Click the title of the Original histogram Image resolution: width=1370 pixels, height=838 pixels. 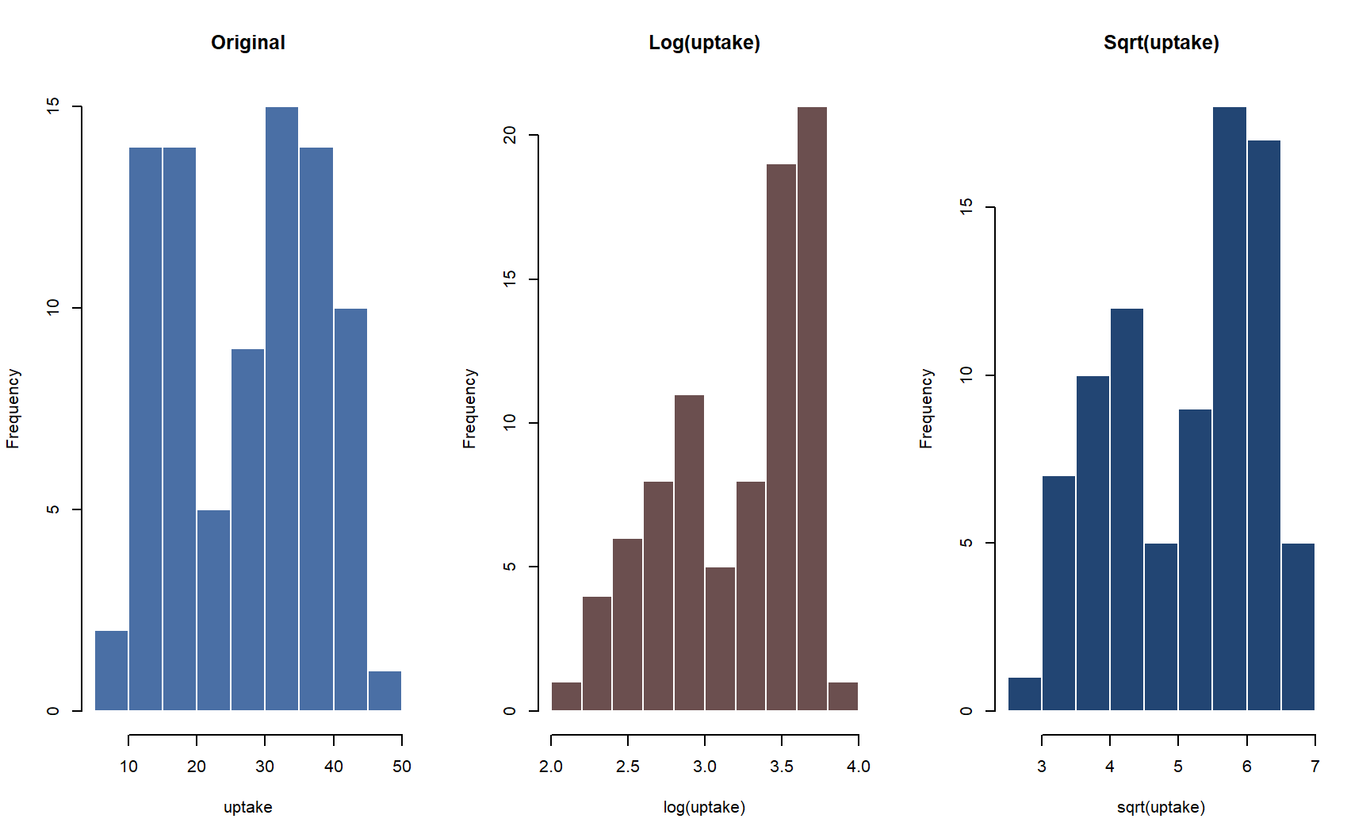click(247, 43)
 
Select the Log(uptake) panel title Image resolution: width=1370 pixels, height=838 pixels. click(704, 43)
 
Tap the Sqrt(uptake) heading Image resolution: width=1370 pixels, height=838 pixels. click(1161, 43)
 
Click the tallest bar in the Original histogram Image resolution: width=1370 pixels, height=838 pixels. click(281, 409)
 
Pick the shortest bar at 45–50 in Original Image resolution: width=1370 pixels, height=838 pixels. click(385, 690)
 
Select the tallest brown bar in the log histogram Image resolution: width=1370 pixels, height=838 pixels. click(812, 409)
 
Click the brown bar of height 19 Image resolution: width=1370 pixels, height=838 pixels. click(781, 436)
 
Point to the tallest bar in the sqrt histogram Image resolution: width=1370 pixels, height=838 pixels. click(1229, 409)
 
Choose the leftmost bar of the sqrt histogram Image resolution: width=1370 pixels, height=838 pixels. click(1024, 694)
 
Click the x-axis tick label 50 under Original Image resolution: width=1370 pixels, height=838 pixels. click(402, 767)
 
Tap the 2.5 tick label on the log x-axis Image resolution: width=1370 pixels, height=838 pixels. click(627, 767)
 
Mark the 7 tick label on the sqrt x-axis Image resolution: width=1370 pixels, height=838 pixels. click(1315, 767)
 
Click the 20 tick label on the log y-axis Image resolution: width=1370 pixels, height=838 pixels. click(510, 136)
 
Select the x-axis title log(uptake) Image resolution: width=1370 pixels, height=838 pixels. click(704, 807)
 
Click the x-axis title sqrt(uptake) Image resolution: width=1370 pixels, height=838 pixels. click(1161, 807)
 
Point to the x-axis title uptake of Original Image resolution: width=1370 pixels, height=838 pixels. click(247, 807)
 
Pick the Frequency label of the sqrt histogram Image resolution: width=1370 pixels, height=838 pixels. click(926, 409)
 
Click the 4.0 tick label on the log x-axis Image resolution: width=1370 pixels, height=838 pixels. click(858, 767)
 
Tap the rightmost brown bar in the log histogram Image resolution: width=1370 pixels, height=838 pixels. click(843, 697)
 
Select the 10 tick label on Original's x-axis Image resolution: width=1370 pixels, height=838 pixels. click(128, 767)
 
